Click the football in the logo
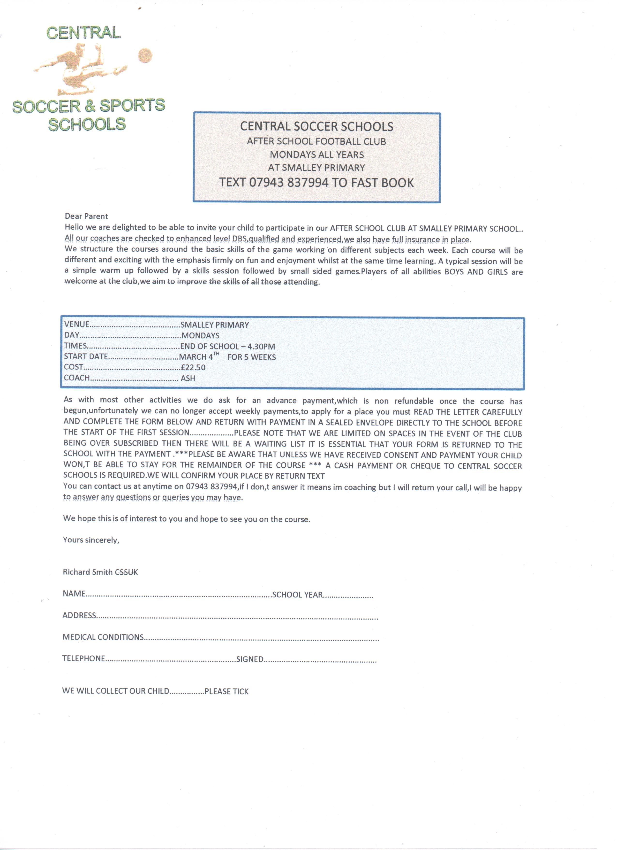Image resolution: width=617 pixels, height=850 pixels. tap(145, 56)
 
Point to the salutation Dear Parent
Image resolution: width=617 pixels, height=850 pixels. tap(86, 216)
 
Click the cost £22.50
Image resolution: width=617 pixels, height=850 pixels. tap(193, 368)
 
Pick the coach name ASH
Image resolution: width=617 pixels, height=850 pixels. tap(188, 379)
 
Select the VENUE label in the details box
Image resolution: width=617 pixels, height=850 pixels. tap(76, 325)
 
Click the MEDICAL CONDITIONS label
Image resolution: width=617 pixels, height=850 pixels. tap(103, 637)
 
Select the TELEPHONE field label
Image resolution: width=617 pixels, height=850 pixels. tap(83, 658)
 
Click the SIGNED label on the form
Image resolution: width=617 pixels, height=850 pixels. tap(250, 659)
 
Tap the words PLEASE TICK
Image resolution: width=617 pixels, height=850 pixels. tap(226, 691)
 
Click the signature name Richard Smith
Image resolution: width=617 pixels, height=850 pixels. tap(88, 572)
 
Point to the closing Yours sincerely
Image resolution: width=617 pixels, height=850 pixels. tap(91, 540)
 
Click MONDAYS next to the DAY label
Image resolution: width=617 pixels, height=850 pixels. tap(200, 335)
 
